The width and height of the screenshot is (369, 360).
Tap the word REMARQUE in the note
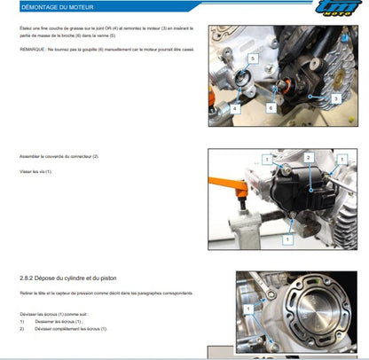click(x=35, y=50)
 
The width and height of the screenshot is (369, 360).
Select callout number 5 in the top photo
click(x=253, y=58)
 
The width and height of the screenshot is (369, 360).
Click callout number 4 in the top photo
click(x=235, y=108)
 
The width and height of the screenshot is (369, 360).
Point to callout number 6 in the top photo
click(x=270, y=106)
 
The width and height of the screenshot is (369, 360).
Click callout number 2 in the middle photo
click(x=307, y=158)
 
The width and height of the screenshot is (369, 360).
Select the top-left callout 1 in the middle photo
click(x=264, y=158)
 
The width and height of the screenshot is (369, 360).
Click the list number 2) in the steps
click(x=21, y=328)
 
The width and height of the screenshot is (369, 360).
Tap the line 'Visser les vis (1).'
click(x=36, y=170)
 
